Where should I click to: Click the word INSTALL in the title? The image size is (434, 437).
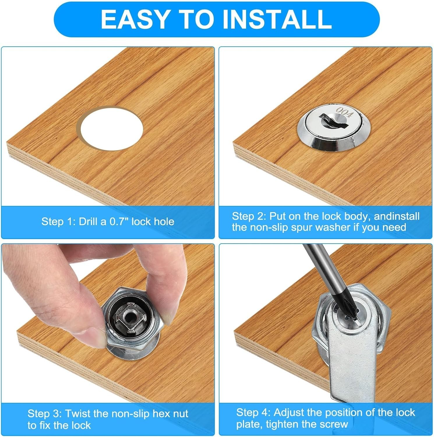click(277, 19)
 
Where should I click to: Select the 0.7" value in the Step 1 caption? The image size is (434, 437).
click(119, 221)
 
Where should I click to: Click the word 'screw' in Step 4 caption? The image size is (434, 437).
click(334, 424)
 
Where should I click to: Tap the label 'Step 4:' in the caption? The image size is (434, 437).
click(253, 413)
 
